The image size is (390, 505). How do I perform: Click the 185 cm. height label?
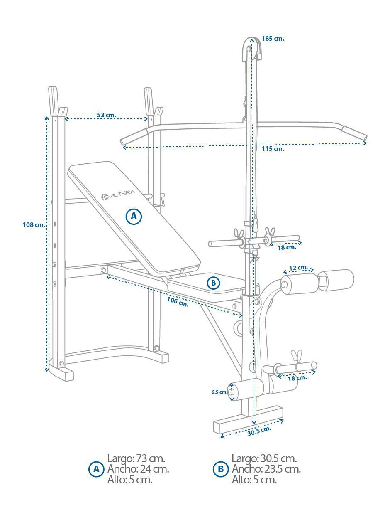click(x=273, y=39)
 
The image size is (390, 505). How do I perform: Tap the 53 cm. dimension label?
click(x=107, y=115)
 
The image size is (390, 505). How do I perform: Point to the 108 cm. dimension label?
click(x=34, y=225)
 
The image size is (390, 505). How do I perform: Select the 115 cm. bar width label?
click(x=273, y=149)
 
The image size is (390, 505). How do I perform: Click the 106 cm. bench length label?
click(x=178, y=302)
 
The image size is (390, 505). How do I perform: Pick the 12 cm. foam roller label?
click(x=298, y=268)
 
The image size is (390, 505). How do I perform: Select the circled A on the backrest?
click(x=134, y=217)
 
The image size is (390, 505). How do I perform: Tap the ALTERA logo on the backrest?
click(x=118, y=195)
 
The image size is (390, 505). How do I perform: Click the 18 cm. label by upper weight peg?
click(x=287, y=247)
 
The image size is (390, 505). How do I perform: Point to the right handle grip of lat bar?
click(x=355, y=133)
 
